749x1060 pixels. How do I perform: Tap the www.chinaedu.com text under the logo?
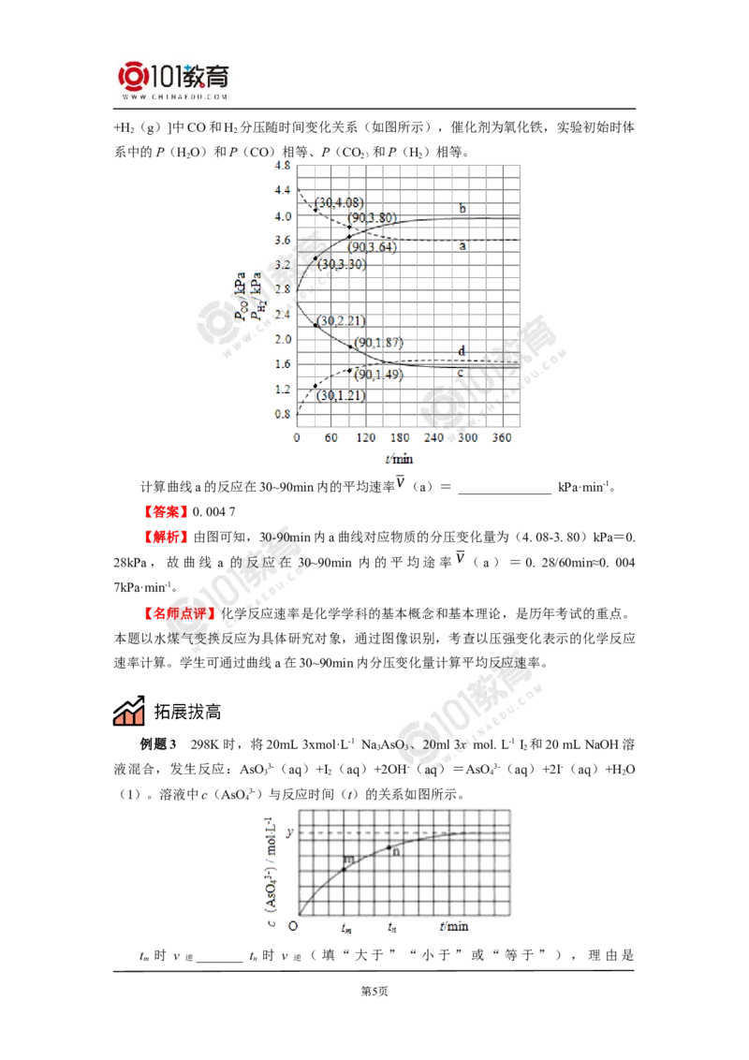pos(175,96)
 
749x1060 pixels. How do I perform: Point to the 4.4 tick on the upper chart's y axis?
pos(281,190)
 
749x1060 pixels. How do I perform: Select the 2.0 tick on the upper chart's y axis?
pos(281,338)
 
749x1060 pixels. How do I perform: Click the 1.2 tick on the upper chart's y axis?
pos(281,388)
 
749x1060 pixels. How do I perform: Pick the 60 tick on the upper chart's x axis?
pos(330,438)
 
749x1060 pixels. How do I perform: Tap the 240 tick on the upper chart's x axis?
pos(433,438)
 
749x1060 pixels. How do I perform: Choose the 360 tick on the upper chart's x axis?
pos(501,438)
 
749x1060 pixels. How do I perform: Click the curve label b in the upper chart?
pos(461,207)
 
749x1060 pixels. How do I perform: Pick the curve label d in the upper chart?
pos(461,350)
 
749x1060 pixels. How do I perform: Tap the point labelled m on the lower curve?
pos(347,859)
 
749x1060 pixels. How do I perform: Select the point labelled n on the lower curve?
pos(395,851)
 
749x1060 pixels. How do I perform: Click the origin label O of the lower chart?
pos(293,927)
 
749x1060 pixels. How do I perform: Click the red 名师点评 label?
pos(179,613)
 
